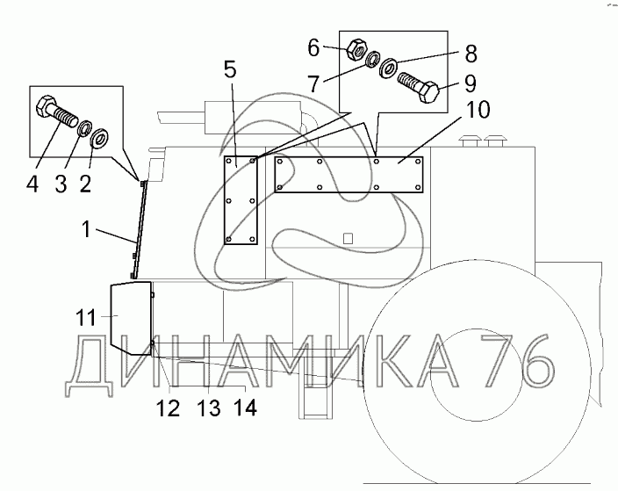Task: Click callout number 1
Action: (86, 229)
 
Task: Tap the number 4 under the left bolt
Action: (32, 184)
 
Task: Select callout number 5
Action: (229, 69)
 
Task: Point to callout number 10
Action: (478, 110)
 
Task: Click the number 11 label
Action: (86, 317)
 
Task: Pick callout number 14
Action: (245, 407)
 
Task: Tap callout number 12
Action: (169, 408)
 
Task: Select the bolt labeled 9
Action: (418, 87)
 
